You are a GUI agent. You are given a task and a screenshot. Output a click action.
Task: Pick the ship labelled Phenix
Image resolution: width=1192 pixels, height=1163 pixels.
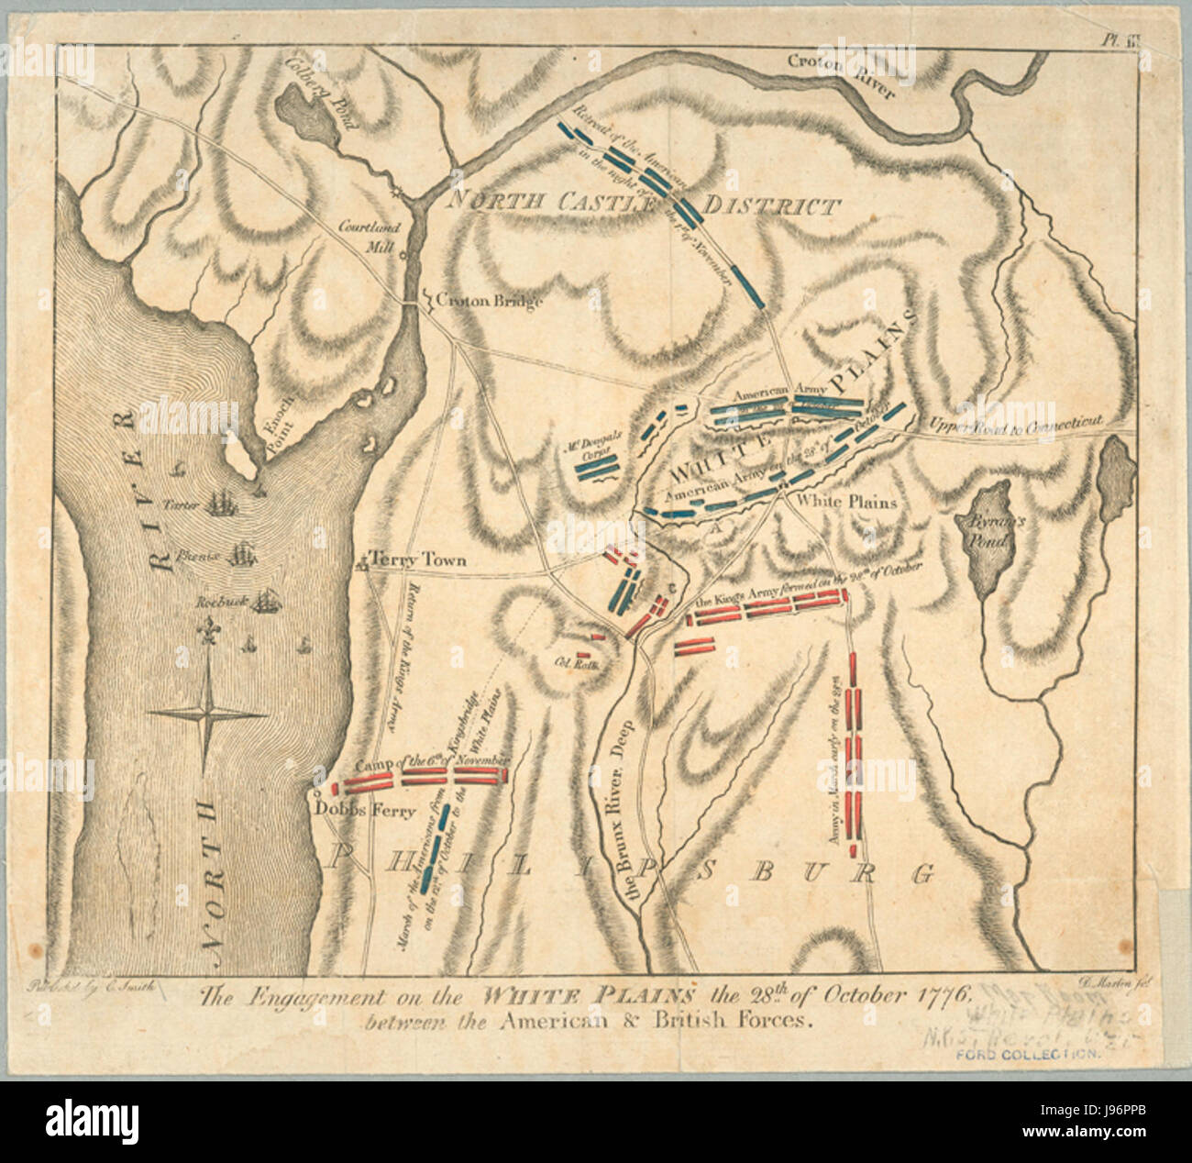pos(242,554)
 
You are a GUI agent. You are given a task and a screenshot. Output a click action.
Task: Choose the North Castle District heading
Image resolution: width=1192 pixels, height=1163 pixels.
pos(642,205)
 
